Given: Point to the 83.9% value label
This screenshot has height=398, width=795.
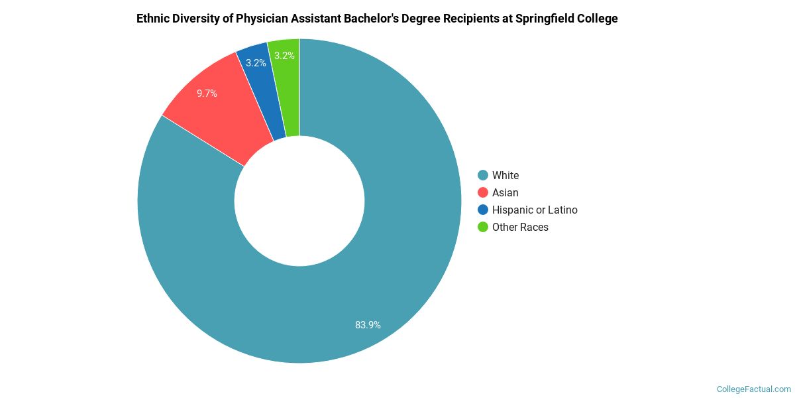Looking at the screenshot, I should pyautogui.click(x=368, y=325).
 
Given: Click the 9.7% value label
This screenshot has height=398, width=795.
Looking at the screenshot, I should pyautogui.click(x=207, y=94).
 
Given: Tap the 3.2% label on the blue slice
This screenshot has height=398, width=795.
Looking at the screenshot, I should pyautogui.click(x=256, y=63).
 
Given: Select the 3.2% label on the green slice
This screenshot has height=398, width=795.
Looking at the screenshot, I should pyautogui.click(x=285, y=56).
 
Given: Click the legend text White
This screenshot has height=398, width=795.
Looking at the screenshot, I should pyautogui.click(x=505, y=175).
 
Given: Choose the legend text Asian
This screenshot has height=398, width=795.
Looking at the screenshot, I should pyautogui.click(x=505, y=192).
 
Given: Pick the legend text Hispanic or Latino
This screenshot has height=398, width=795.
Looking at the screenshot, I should pyautogui.click(x=535, y=210).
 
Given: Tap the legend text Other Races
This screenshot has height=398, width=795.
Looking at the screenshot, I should pyautogui.click(x=520, y=227).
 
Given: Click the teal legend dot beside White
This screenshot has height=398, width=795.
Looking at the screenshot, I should pyautogui.click(x=483, y=175).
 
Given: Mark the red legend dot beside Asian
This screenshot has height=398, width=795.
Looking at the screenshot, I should pyautogui.click(x=483, y=192).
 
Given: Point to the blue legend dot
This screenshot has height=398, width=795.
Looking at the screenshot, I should pyautogui.click(x=483, y=210).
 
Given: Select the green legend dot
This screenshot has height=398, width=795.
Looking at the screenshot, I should pyautogui.click(x=483, y=227).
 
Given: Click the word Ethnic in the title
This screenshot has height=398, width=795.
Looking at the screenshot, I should pyautogui.click(x=153, y=19).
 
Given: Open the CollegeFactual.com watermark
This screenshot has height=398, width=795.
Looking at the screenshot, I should pyautogui.click(x=754, y=389).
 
